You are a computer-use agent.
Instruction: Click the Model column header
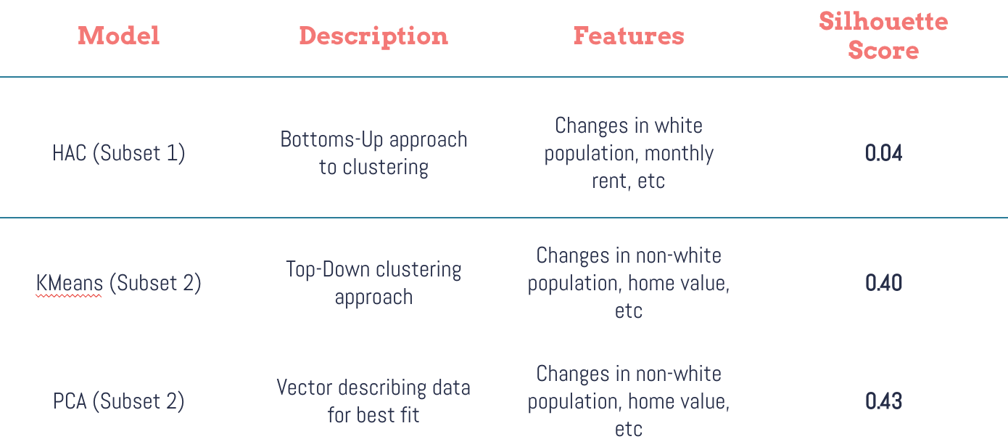[118, 36]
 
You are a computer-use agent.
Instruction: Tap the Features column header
[629, 36]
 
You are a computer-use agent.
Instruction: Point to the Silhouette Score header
[883, 35]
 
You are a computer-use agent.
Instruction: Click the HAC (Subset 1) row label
[118, 153]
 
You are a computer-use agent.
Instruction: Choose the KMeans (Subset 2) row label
[118, 283]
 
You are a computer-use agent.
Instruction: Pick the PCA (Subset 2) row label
[118, 401]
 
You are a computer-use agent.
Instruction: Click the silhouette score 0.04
[883, 154]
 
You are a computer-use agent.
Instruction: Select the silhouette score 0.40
[883, 283]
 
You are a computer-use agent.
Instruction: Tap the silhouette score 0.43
[883, 401]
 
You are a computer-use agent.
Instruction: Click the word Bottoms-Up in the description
[331, 140]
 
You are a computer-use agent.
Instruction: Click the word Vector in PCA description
[304, 387]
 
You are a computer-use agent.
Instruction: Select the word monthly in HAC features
[679, 155]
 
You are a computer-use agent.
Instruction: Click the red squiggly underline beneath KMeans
[68, 296]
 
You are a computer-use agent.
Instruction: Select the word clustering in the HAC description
[385, 168]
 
